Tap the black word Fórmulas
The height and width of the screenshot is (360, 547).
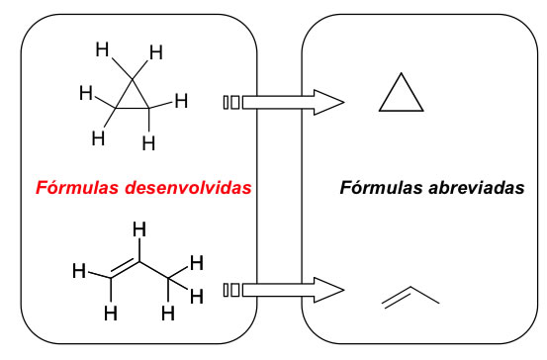tap(378, 187)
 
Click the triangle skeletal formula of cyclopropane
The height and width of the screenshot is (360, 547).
tap(402, 96)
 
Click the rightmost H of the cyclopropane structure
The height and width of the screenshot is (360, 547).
tap(181, 100)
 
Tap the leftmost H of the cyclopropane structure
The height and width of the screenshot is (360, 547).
tap(86, 96)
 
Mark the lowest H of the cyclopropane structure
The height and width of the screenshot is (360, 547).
tap(148, 144)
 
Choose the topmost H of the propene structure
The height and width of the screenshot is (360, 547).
tap(139, 229)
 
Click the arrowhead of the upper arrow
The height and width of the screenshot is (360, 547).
tap(327, 101)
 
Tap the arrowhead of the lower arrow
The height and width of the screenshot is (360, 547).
tap(327, 290)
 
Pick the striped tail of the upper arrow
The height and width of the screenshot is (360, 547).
tap(231, 101)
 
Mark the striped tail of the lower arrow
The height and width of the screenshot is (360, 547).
tap(231, 290)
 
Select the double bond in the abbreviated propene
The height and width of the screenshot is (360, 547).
tap(393, 297)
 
